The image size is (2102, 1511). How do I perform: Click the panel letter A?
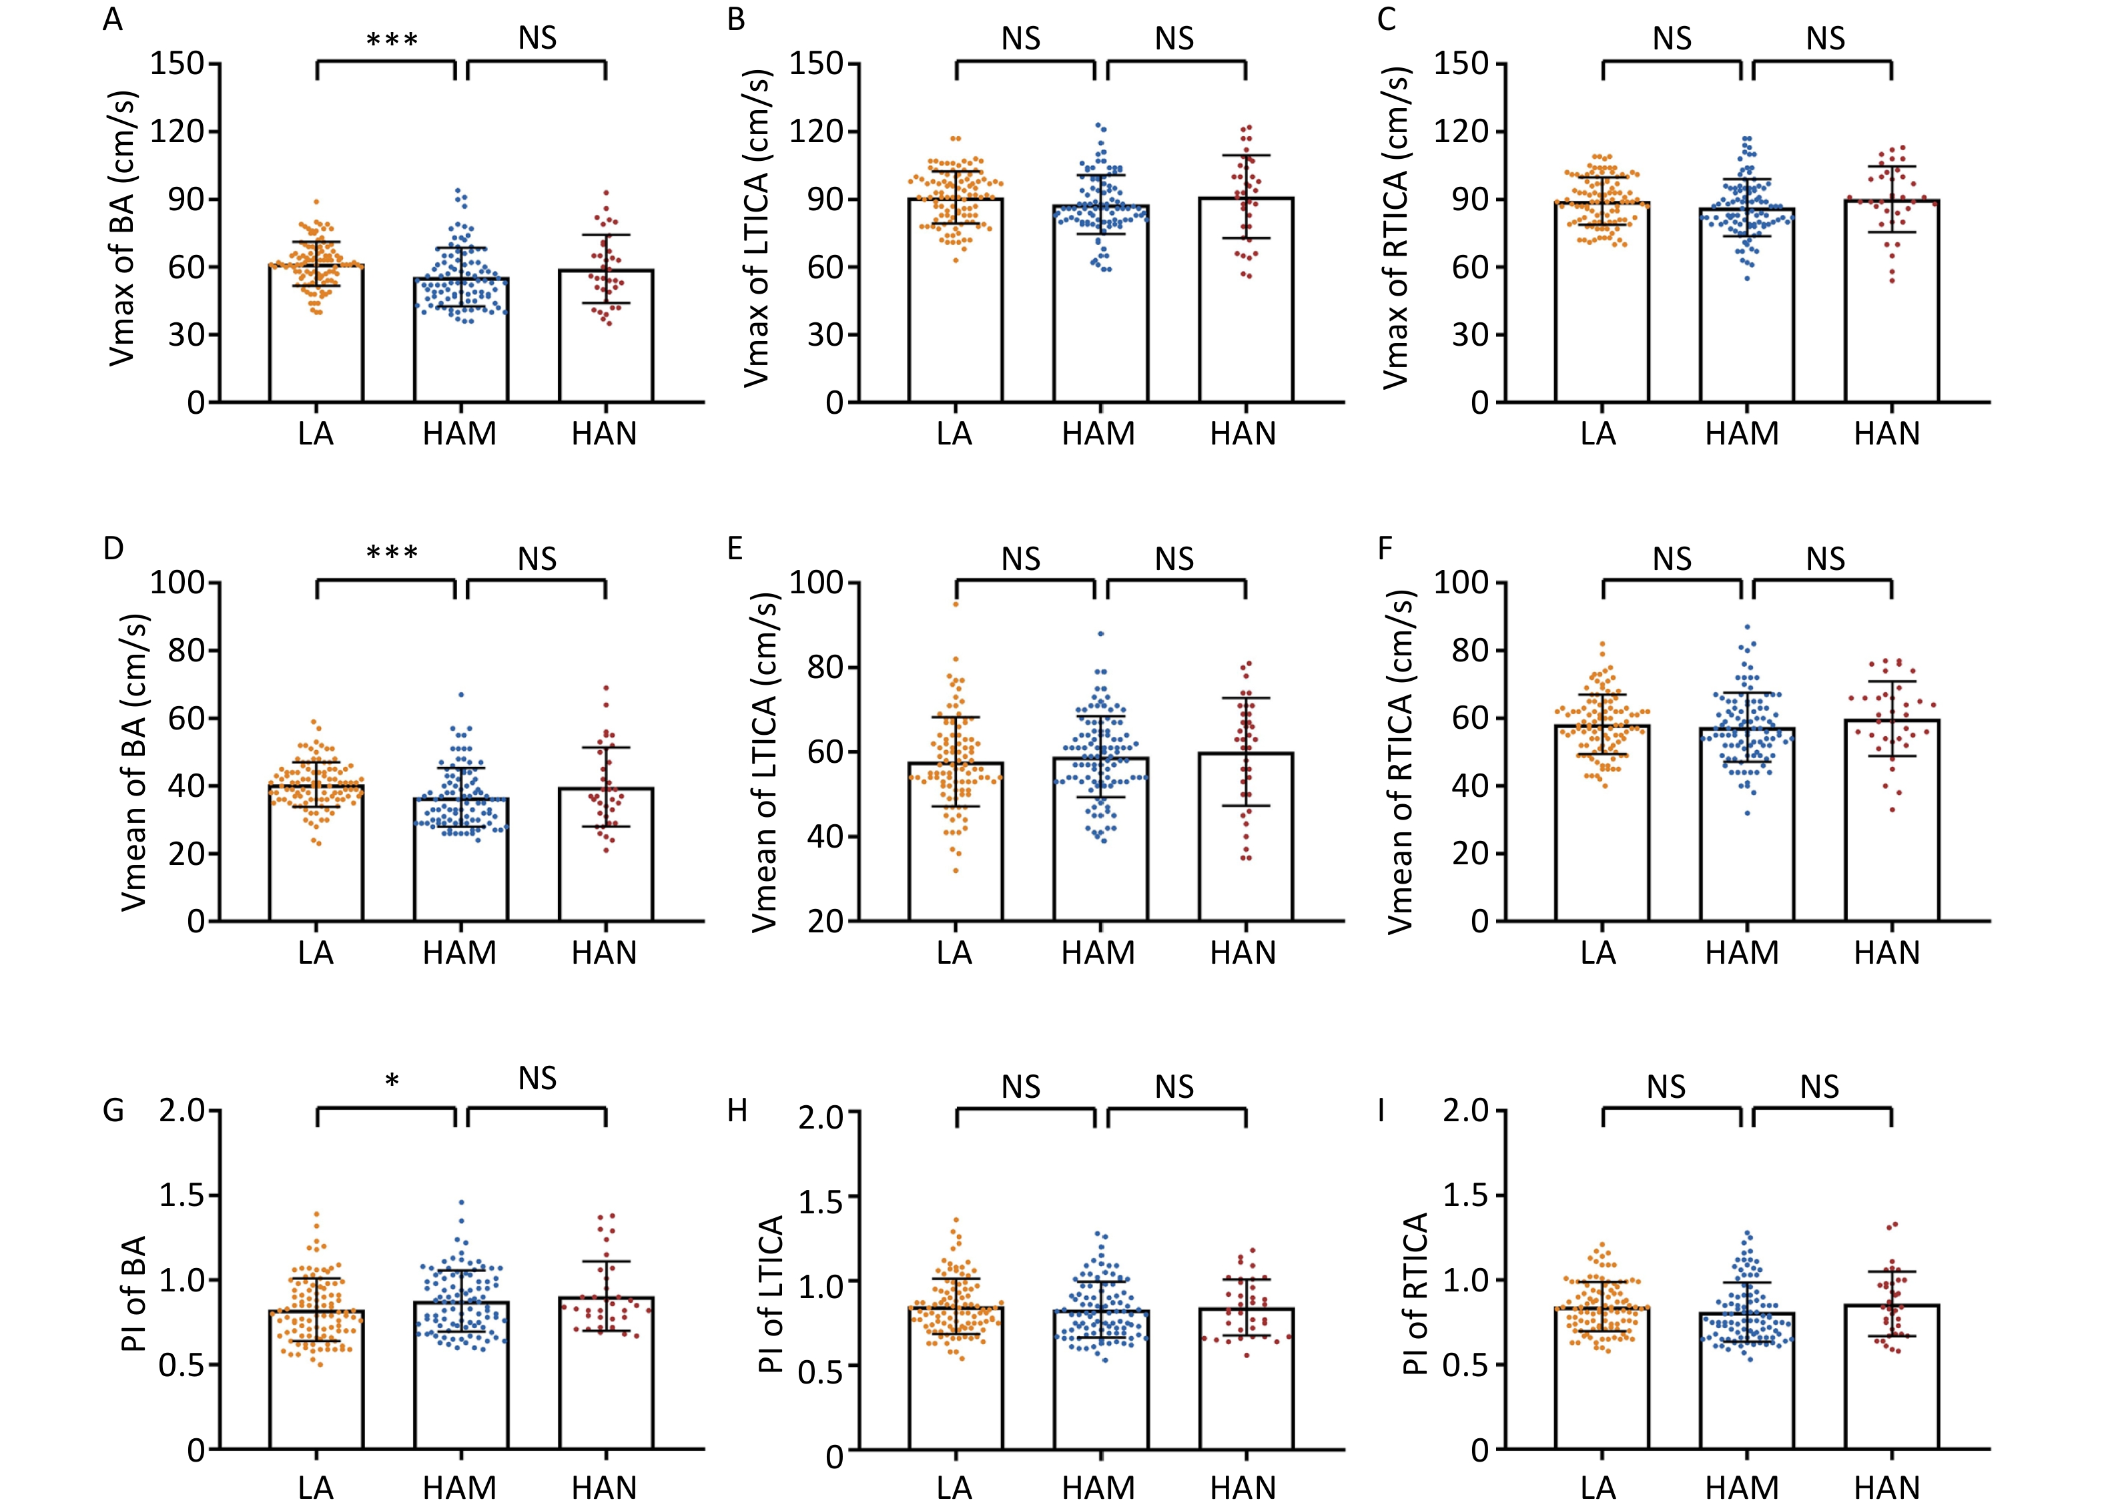pyautogui.click(x=112, y=19)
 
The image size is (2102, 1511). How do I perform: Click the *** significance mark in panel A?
pyautogui.click(x=392, y=41)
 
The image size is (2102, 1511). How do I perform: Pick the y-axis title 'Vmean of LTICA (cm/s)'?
pyautogui.click(x=765, y=761)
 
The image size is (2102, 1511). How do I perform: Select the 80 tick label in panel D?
pyautogui.click(x=186, y=651)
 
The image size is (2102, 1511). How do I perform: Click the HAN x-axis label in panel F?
pyautogui.click(x=1887, y=953)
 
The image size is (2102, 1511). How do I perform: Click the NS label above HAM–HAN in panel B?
pyautogui.click(x=1174, y=39)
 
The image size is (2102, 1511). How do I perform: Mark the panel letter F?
pyautogui.click(x=1385, y=549)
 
